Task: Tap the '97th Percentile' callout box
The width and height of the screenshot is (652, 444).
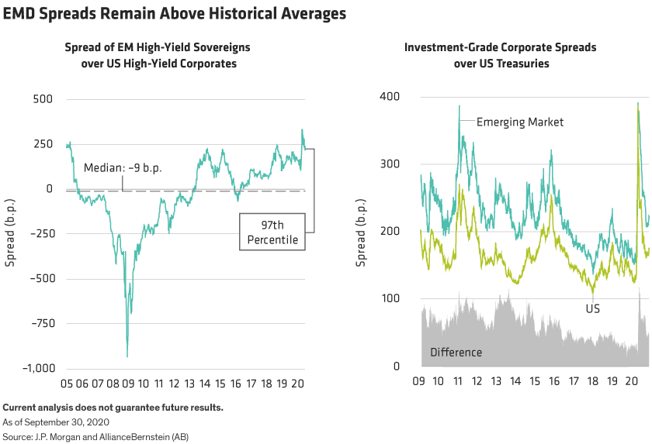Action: coord(272,232)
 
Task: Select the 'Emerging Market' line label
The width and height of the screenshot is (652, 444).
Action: coord(519,122)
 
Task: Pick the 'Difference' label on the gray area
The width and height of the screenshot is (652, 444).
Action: coord(456,353)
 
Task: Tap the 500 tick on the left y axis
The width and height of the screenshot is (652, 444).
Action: coord(41,99)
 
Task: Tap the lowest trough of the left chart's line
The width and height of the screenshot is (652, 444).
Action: coord(127,356)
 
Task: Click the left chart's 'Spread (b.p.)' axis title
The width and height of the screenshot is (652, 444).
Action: coord(11,234)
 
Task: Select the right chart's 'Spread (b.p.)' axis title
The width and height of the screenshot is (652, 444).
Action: coord(361,234)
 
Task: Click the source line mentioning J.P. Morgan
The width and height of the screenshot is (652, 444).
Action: coord(95,435)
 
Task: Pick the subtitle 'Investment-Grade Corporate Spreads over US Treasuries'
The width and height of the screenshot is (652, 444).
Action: coord(500,56)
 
